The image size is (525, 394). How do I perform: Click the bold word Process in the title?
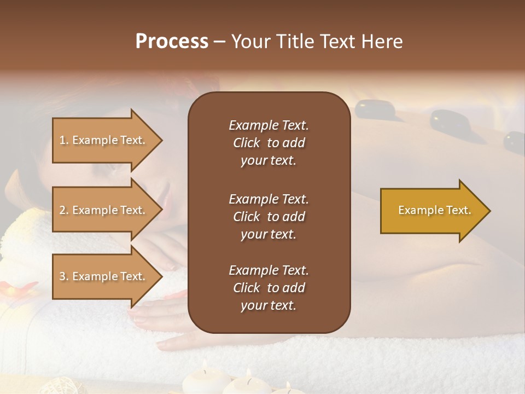coord(172,41)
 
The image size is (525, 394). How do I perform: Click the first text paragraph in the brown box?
coord(269,143)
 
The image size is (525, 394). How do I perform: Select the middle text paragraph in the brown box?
coord(269,216)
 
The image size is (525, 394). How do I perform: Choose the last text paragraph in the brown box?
coord(269,288)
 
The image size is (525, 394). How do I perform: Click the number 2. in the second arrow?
coord(64,210)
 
